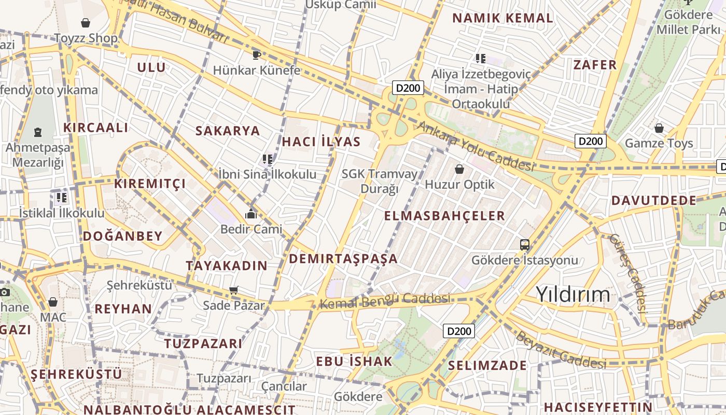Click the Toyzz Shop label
click(x=86, y=38)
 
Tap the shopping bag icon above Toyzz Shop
click(x=86, y=23)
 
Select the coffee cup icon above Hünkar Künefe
click(x=256, y=55)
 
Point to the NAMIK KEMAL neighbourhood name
click(x=502, y=18)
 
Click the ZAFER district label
click(x=595, y=65)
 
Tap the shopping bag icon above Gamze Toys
click(x=659, y=128)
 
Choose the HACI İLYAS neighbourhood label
click(x=321, y=142)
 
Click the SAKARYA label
click(x=228, y=131)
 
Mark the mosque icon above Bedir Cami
click(x=251, y=214)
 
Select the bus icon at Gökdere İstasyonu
click(x=525, y=244)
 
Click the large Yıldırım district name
click(x=573, y=294)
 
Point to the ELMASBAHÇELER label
click(x=444, y=216)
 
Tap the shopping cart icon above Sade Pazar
click(x=234, y=290)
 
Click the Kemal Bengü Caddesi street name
click(x=384, y=300)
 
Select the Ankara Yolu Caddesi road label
click(x=475, y=147)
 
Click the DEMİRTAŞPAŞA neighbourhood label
click(x=343, y=259)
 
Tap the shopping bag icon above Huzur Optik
click(x=459, y=169)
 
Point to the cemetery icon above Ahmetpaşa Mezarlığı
click(x=38, y=132)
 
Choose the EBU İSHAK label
click(x=354, y=362)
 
